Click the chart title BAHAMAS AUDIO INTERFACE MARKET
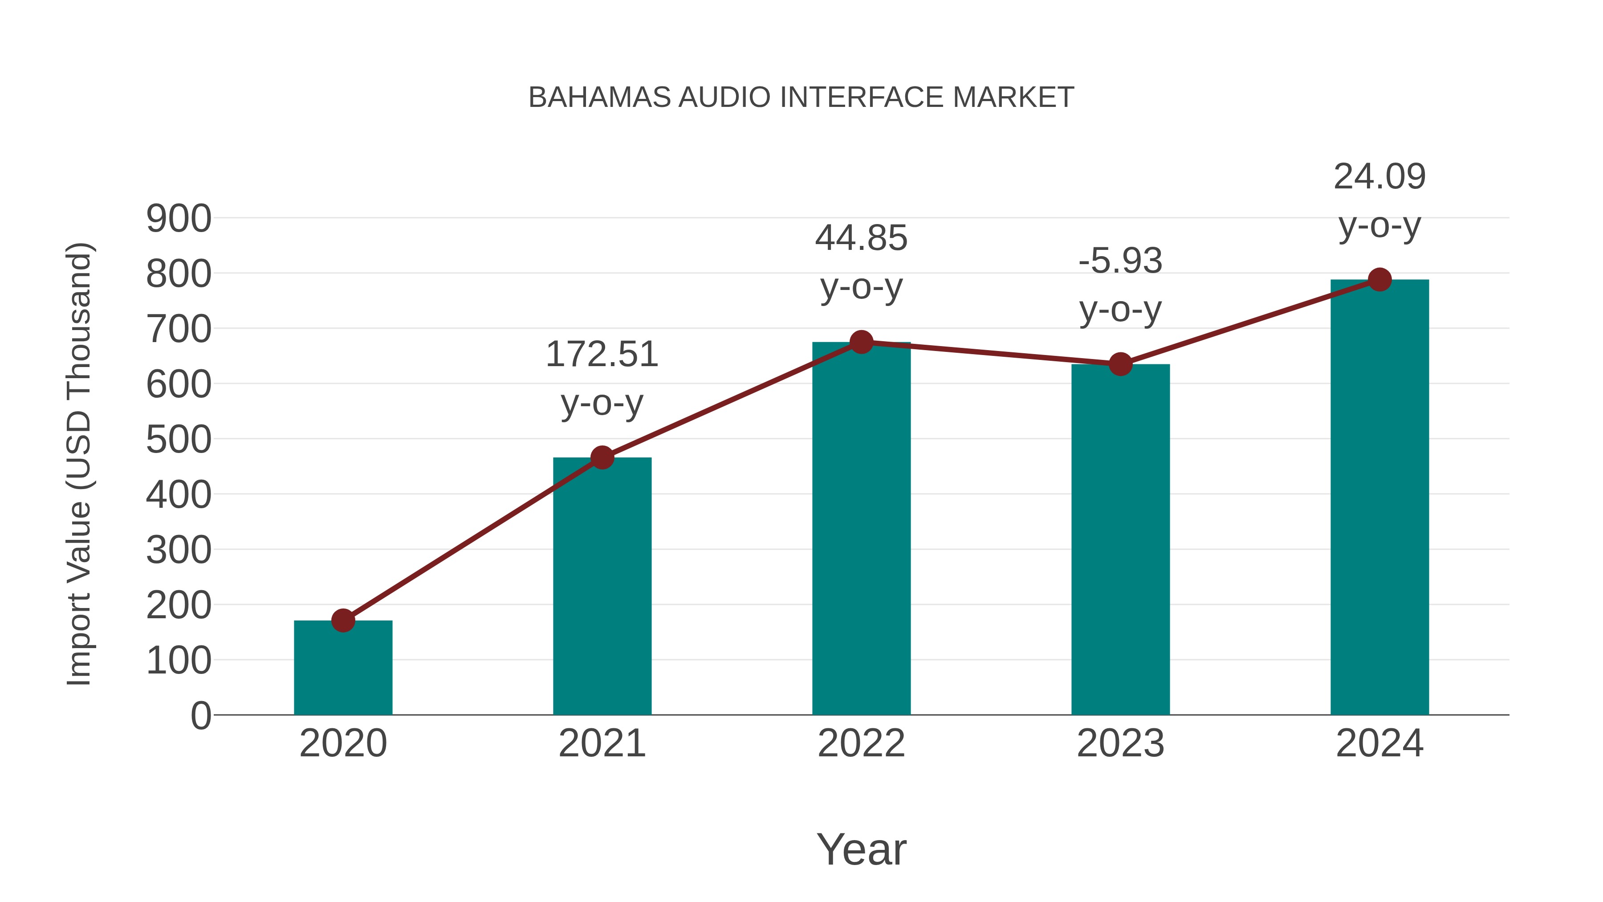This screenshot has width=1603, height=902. tap(801, 98)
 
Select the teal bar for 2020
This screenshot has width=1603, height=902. tap(343, 669)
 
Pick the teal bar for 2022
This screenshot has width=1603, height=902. tap(861, 529)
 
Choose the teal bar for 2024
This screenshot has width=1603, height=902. tap(1379, 498)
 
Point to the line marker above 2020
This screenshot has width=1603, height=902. tap(343, 620)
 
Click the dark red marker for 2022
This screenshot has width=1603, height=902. tap(861, 342)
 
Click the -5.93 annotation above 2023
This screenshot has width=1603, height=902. tap(1120, 285)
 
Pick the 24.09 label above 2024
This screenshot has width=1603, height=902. tap(1379, 200)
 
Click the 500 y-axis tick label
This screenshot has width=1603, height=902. tap(179, 440)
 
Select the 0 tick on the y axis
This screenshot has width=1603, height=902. tap(200, 716)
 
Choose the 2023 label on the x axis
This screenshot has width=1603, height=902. tap(1120, 743)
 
